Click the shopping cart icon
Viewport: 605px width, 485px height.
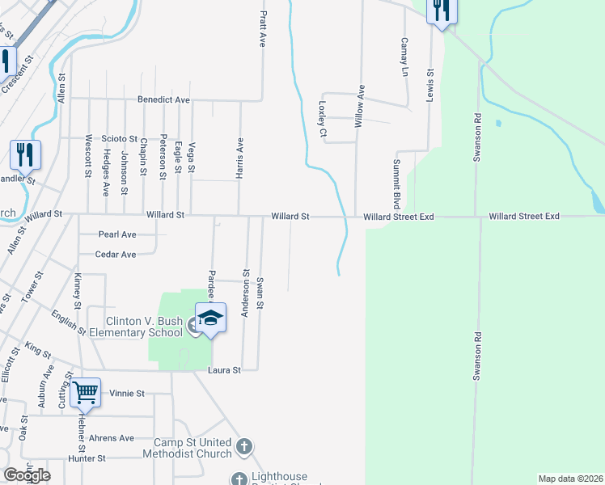tap(85, 393)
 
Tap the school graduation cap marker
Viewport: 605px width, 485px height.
tap(210, 318)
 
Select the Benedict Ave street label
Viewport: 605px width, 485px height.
tap(163, 100)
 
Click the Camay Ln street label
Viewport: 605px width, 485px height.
tap(405, 57)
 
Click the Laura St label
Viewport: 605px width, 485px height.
tap(226, 370)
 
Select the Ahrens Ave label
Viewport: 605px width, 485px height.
tap(112, 438)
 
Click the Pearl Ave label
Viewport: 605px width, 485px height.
tap(117, 234)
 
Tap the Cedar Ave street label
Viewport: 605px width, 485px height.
tap(116, 254)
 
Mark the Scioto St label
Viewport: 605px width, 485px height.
tap(119, 139)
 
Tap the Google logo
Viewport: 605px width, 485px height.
tap(27, 475)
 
